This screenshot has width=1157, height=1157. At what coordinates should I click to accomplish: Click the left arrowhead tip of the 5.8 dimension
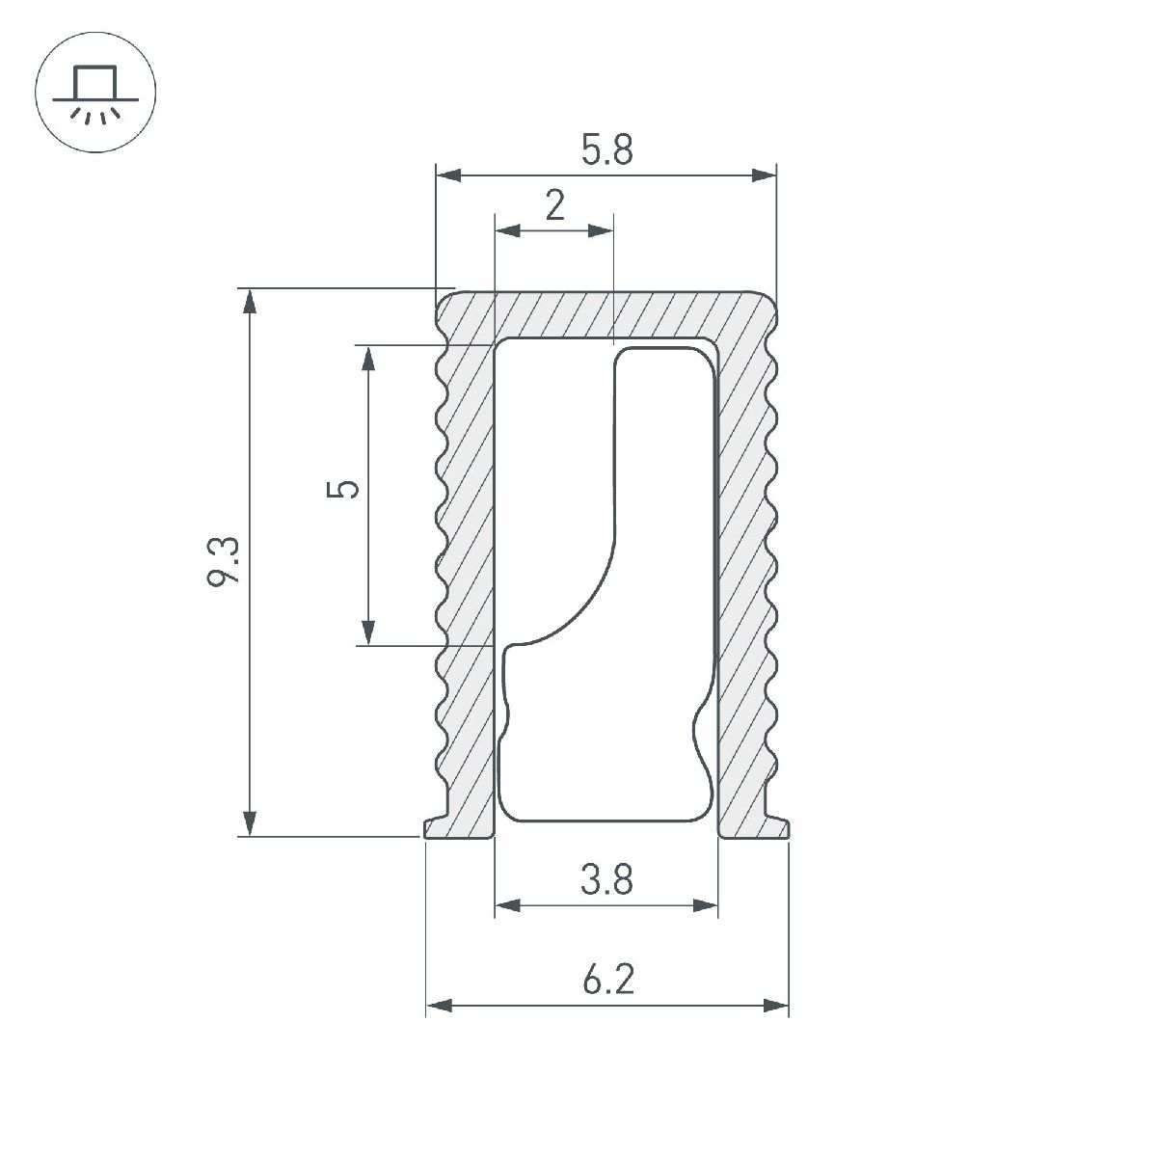point(437,175)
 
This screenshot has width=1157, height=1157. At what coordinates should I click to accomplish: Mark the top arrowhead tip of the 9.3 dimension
point(249,289)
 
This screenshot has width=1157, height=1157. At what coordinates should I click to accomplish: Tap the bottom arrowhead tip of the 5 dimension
point(368,645)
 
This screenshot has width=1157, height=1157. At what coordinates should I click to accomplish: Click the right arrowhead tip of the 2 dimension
point(613,230)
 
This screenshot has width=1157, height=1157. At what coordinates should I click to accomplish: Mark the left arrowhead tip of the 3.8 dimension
point(496,904)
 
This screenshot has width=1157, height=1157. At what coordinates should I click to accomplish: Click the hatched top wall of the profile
point(606,315)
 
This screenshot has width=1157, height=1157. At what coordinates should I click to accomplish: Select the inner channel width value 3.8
point(606,879)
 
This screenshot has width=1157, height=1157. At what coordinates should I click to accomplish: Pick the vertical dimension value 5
point(343,490)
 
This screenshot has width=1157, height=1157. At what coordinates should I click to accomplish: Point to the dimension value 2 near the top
point(554,205)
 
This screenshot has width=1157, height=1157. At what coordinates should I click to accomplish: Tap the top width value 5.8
point(607,150)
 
